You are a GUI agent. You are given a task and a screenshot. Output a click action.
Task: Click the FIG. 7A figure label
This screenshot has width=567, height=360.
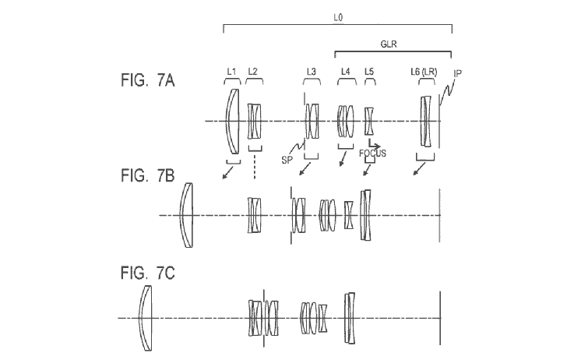147,80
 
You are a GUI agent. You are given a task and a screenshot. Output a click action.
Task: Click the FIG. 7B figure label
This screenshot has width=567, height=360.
147,175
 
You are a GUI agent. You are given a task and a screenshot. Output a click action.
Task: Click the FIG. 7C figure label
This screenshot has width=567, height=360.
147,273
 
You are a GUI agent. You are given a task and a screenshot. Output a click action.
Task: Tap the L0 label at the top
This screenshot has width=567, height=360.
338,17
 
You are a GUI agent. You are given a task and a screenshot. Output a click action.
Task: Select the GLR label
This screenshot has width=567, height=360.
389,44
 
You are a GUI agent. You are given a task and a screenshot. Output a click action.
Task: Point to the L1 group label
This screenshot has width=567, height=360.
231,72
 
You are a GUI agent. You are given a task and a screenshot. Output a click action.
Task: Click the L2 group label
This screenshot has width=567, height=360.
253,72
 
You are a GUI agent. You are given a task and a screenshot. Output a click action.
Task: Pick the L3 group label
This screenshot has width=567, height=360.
312,72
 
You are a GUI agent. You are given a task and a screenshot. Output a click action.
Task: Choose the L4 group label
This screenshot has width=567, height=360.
346,72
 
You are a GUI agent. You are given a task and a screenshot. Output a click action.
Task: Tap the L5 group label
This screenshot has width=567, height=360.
369,72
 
